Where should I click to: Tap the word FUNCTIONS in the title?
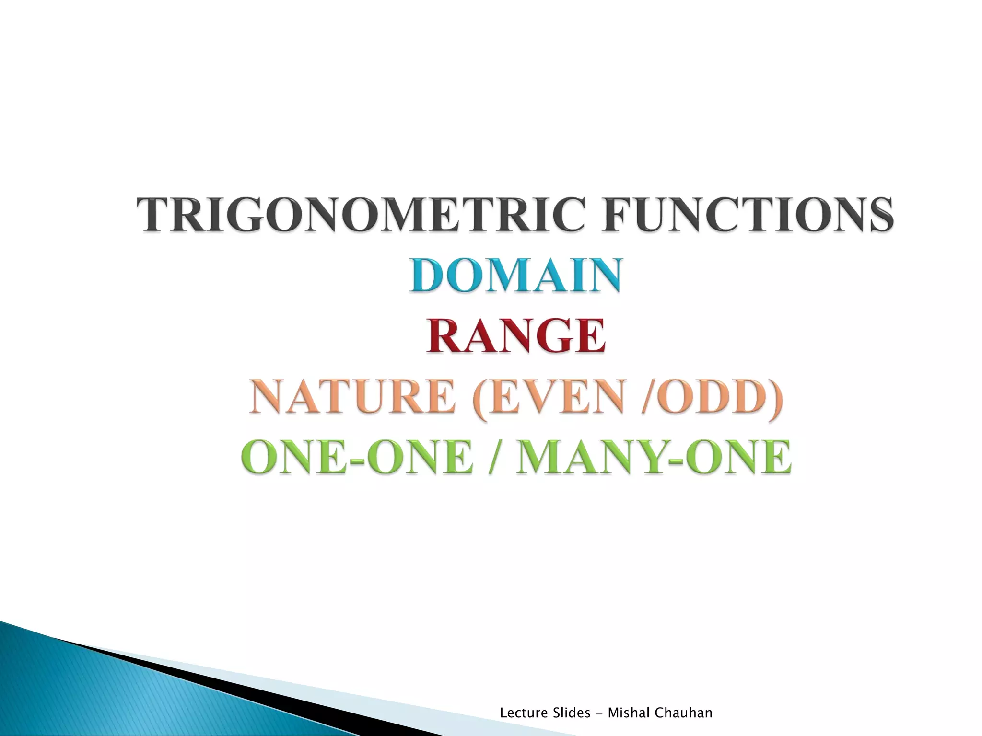[x=748, y=214]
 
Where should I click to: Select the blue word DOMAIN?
[x=516, y=275]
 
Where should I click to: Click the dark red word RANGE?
[x=516, y=336]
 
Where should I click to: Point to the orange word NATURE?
[x=352, y=397]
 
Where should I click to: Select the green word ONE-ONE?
[x=357, y=458]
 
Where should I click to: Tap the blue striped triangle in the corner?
[x=96, y=695]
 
